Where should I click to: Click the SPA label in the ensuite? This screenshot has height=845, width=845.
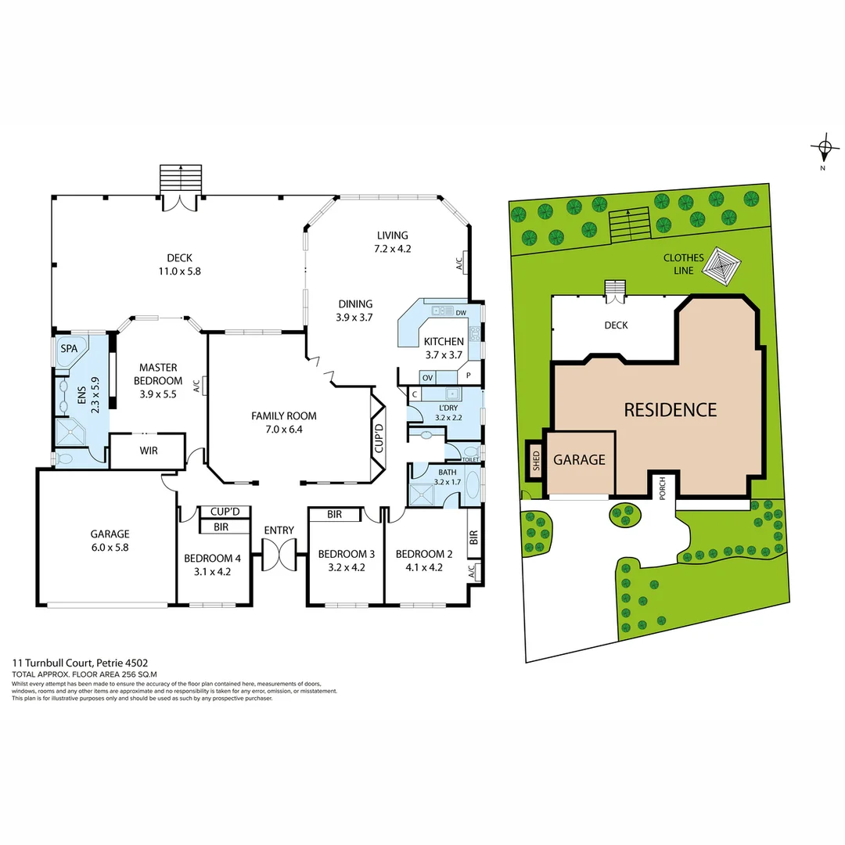[x=69, y=349]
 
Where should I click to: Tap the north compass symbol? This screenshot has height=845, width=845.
[x=824, y=149]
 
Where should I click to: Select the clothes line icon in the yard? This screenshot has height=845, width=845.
[x=724, y=266]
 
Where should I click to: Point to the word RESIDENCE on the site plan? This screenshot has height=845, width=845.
[x=670, y=409]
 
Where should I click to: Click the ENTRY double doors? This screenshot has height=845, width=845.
[x=279, y=556]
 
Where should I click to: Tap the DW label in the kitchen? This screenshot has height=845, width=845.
[x=460, y=312]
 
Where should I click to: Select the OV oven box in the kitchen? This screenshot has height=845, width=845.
[x=427, y=377]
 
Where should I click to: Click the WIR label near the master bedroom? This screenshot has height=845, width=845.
[x=149, y=451]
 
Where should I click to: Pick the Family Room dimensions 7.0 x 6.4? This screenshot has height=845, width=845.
[x=284, y=429]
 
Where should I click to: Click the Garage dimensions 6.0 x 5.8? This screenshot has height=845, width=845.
[x=109, y=548]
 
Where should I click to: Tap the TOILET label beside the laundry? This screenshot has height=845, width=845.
[x=469, y=459]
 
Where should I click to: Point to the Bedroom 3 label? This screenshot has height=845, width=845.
[x=346, y=554]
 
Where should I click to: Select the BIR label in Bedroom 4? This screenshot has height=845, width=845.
[x=221, y=528]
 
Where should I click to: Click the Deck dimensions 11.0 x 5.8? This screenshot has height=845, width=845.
[x=179, y=271]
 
